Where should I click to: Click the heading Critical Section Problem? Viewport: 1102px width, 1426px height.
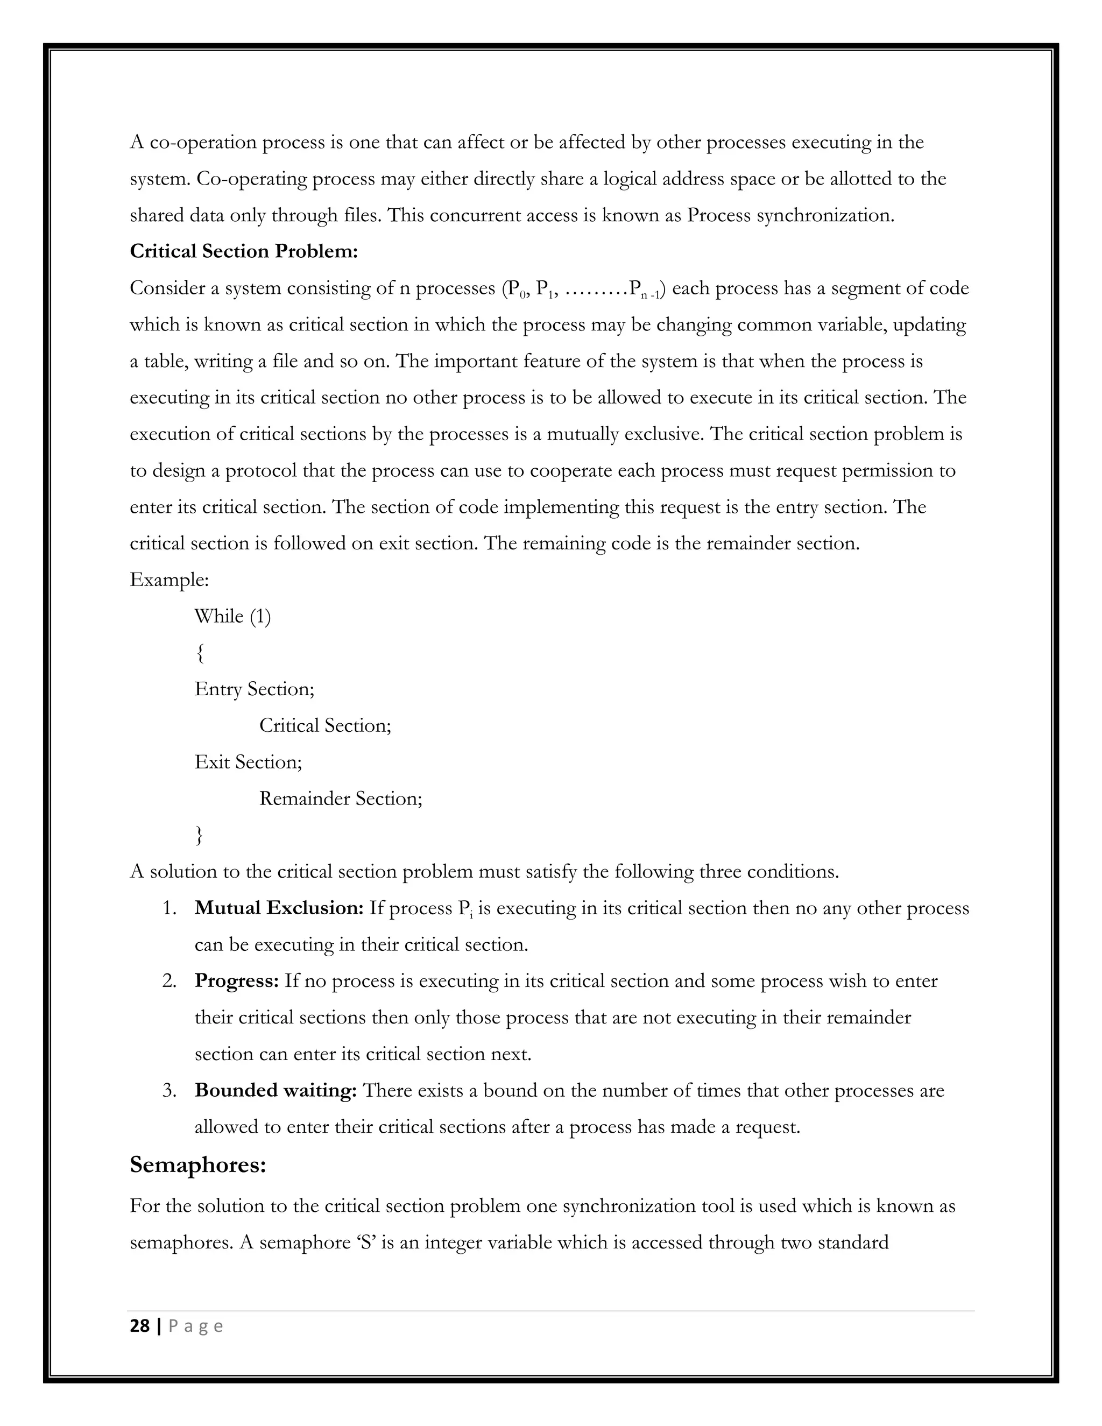click(244, 251)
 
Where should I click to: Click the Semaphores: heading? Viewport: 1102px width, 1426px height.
click(198, 1164)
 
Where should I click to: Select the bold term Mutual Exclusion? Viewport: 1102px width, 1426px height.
click(279, 908)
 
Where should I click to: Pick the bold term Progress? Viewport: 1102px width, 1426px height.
click(236, 980)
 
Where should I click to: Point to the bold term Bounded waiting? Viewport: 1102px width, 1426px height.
click(275, 1090)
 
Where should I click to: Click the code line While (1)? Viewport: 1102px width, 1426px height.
click(232, 616)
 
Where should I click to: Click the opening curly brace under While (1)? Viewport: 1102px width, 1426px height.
click(199, 653)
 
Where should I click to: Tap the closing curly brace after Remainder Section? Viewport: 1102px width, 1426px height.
click(199, 835)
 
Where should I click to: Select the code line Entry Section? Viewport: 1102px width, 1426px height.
click(254, 689)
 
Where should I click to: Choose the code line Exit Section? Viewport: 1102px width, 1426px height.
click(248, 762)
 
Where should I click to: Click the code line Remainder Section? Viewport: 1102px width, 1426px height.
click(340, 799)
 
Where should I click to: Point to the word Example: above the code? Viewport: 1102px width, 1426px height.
click(169, 580)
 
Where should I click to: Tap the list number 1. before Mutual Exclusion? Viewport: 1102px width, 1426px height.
click(169, 909)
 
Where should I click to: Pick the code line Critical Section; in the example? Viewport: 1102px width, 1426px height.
click(324, 725)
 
